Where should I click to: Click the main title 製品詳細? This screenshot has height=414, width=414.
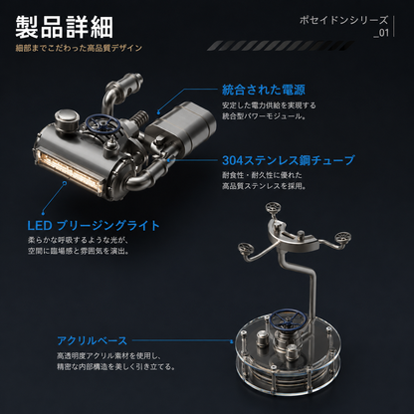tap(65, 27)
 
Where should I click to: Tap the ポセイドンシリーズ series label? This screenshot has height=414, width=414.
tap(343, 21)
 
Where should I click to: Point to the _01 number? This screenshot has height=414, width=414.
tap(381, 33)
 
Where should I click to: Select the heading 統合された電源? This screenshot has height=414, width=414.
tap(264, 90)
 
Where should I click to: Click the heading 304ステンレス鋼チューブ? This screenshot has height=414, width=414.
tap(288, 160)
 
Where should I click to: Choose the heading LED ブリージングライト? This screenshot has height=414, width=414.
tap(94, 226)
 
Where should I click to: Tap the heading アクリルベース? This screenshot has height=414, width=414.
tap(93, 340)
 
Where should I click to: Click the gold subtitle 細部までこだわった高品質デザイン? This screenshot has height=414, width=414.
tap(79, 48)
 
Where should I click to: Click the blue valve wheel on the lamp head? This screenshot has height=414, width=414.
tap(102, 123)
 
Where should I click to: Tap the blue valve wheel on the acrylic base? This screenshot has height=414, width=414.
tap(287, 317)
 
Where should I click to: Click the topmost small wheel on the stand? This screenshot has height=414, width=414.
tap(273, 208)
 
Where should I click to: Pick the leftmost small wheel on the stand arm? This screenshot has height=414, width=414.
tap(246, 248)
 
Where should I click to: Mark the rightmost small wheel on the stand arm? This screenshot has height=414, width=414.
tap(342, 237)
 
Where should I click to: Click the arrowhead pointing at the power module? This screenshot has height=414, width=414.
tap(159, 111)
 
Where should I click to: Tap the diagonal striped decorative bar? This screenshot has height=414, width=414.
tap(281, 46)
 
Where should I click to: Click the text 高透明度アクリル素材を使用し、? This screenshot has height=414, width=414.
tap(108, 356)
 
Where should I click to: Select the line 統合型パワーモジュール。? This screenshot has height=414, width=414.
tap(264, 116)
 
